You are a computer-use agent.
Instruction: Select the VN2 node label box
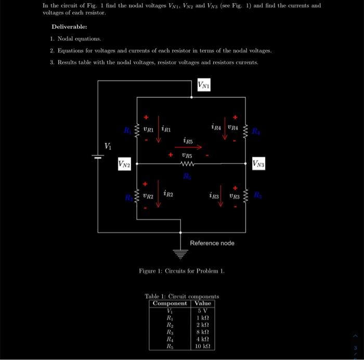pos(124,164)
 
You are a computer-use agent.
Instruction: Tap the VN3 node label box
pos(259,164)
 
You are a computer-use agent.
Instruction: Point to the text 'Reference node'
pos(212,243)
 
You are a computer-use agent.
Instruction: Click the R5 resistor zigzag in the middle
pos(187,164)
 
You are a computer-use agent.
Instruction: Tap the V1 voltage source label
pos(108,146)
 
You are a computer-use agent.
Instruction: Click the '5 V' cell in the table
pos(202,311)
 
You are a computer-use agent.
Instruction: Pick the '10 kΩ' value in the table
pos(202,346)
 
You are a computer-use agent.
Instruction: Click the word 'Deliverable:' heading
pos(69,27)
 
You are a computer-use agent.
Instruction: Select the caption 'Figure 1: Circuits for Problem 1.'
pos(181,271)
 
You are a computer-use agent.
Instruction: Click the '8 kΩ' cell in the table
pos(202,332)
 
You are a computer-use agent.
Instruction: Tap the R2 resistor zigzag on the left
pos(137,196)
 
